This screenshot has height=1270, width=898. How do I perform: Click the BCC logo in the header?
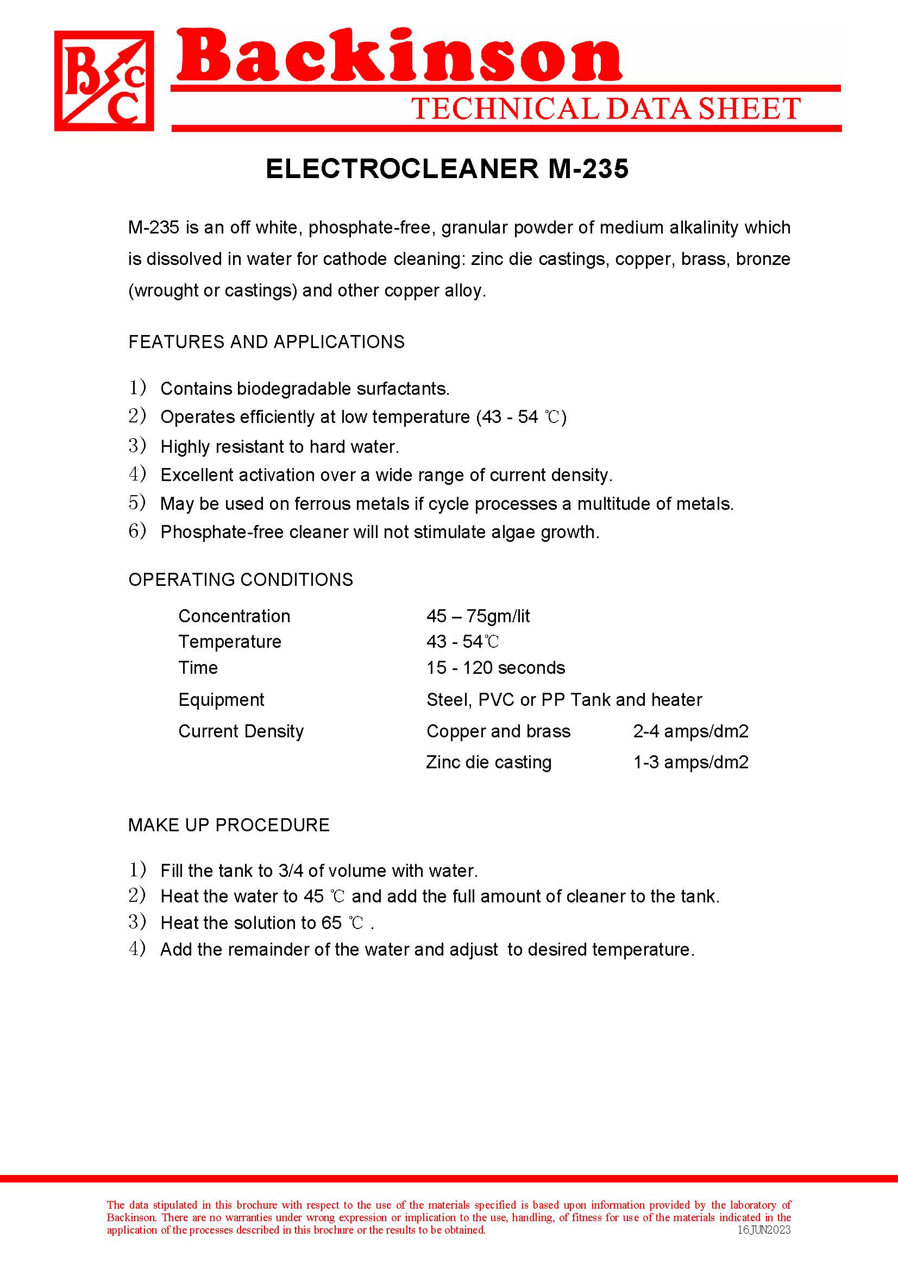tap(104, 81)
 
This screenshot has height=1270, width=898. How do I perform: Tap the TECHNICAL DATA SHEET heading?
tap(606, 109)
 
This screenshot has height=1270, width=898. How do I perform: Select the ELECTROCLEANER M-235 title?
tap(447, 169)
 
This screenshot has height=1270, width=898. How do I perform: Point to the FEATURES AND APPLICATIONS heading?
tap(266, 342)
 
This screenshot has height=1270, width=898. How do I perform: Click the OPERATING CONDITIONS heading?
tap(241, 580)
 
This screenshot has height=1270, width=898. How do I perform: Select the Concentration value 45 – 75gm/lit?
tap(478, 616)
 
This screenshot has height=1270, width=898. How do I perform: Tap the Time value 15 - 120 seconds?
tap(496, 668)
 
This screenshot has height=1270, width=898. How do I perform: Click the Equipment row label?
tap(221, 700)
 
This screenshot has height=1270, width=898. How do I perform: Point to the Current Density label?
tap(241, 731)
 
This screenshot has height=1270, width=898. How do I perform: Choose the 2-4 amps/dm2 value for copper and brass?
tap(690, 731)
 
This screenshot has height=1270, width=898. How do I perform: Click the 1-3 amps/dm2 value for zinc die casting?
tap(690, 762)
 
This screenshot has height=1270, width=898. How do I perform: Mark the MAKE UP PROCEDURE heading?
tap(229, 825)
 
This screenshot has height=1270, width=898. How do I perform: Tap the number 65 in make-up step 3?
tap(331, 923)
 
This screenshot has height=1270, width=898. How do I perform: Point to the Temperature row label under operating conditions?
tap(230, 642)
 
